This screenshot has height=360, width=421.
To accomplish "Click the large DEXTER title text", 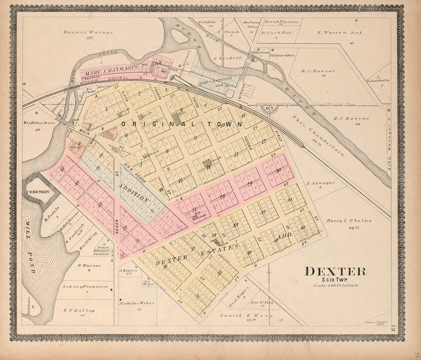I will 335,271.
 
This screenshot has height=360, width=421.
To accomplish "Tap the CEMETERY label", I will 38,192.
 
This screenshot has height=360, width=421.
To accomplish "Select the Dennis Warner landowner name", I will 88,33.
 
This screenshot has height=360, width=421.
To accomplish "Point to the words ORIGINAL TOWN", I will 181,124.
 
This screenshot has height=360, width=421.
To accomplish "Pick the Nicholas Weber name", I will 137,303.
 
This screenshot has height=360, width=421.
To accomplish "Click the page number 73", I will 393,328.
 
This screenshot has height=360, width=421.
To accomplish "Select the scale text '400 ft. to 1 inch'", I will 336,285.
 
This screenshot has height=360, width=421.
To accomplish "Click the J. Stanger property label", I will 321,183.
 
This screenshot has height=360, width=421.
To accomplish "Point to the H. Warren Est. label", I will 340,33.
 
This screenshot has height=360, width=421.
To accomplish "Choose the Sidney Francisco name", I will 85,287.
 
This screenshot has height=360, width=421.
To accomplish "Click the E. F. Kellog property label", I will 79,310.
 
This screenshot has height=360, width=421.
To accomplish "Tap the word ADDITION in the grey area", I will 134,192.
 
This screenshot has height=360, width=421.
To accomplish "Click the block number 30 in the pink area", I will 278,171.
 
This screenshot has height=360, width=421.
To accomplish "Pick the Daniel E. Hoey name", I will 246,316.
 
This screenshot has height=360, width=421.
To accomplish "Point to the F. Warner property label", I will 89,265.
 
